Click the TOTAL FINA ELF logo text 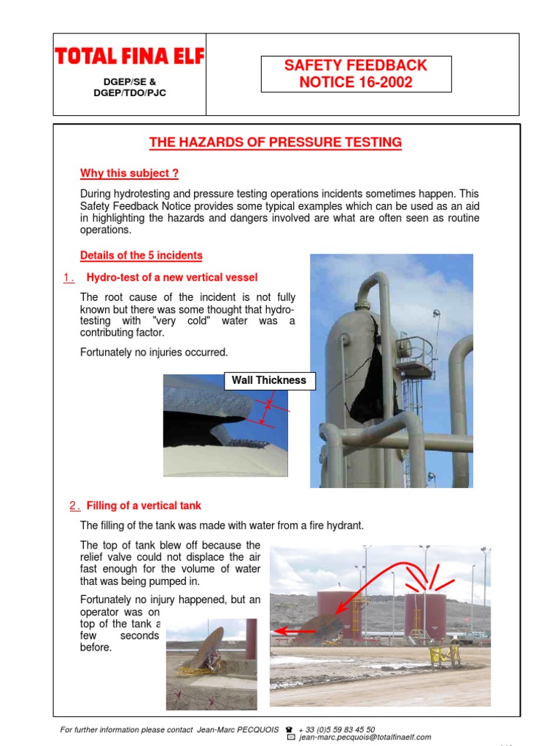click(x=129, y=56)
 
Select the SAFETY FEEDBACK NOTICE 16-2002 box click(x=356, y=74)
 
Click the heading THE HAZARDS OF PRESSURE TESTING click(x=275, y=142)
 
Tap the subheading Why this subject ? click(x=129, y=173)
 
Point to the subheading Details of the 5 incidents click(x=141, y=255)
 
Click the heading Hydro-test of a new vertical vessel click(x=171, y=278)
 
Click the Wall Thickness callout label click(x=270, y=380)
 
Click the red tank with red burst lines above click(x=425, y=616)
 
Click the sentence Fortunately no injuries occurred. click(x=154, y=353)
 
